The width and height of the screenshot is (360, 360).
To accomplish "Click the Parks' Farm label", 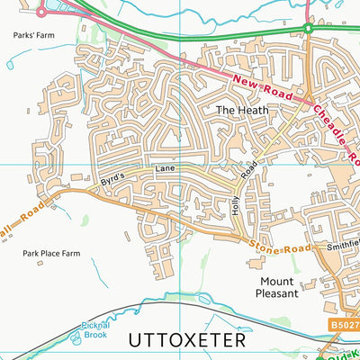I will [29, 37].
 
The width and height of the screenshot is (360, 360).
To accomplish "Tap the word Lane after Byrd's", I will [163, 168].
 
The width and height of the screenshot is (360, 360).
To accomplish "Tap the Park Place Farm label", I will [51, 254].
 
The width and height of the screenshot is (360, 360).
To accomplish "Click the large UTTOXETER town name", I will [186, 341].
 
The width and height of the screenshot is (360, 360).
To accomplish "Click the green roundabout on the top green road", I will [308, 29].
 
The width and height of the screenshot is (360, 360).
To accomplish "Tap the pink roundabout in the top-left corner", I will [41, 12].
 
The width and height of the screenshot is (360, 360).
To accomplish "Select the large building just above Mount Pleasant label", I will [269, 262].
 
